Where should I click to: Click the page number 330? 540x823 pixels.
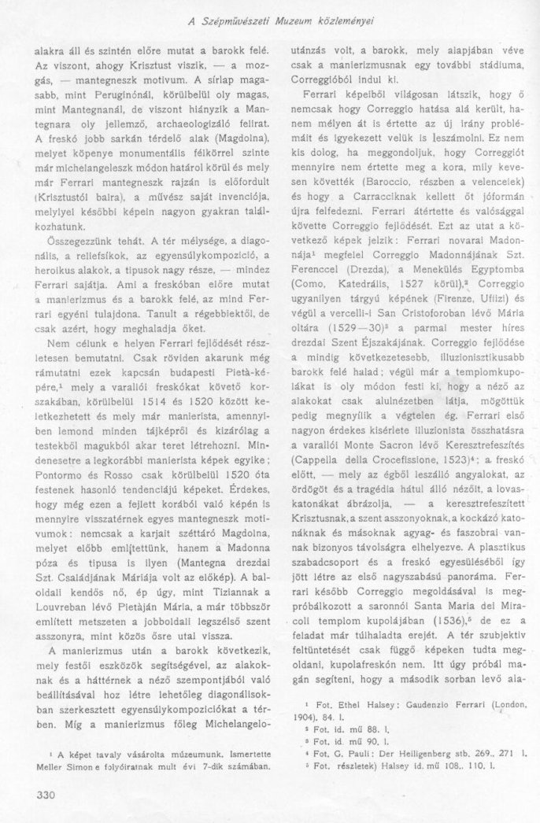[x=46, y=794]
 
